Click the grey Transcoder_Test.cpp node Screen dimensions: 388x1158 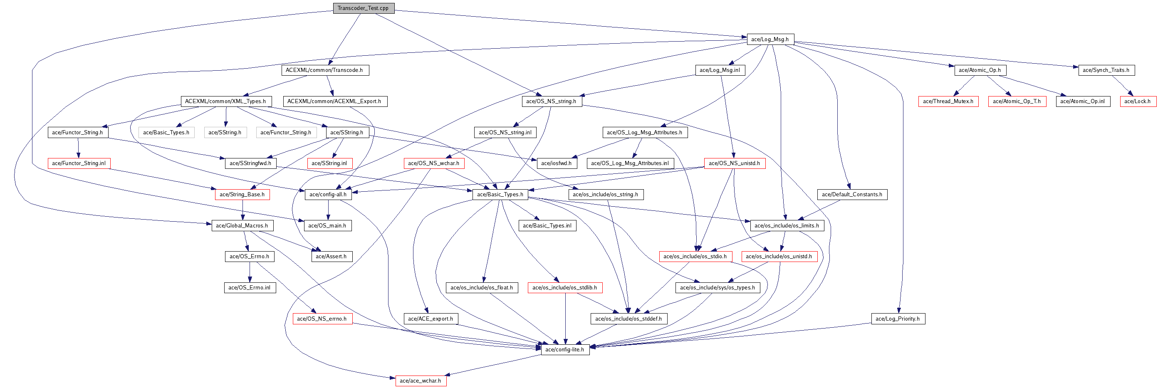pyautogui.click(x=363, y=8)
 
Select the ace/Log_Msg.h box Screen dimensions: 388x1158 pyautogui.click(x=770, y=39)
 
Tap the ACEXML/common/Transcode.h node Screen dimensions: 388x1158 pyautogui.click(x=324, y=70)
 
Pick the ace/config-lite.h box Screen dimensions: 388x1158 pyautogui.click(x=564, y=349)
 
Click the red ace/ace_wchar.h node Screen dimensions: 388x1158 pyautogui.click(x=420, y=381)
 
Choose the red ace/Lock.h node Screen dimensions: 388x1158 pyautogui.click(x=1137, y=101)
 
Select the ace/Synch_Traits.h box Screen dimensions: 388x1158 pyautogui.click(x=1106, y=70)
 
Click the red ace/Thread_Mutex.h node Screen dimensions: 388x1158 pyautogui.click(x=948, y=101)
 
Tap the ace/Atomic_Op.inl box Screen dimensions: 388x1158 pyautogui.click(x=1082, y=101)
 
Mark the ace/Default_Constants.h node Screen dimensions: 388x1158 pyautogui.click(x=852, y=194)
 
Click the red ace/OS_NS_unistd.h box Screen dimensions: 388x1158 pyautogui.click(x=734, y=163)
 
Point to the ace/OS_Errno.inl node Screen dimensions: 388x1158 pyautogui.click(x=250, y=287)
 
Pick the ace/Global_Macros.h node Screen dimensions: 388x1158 pyautogui.click(x=242, y=225)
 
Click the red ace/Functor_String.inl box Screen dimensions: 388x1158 pyautogui.click(x=79, y=163)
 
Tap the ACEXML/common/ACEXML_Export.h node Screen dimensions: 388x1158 pyautogui.click(x=334, y=101)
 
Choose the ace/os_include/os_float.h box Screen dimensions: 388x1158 pyautogui.click(x=481, y=287)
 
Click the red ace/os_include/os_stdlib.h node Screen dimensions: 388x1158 pyautogui.click(x=564, y=287)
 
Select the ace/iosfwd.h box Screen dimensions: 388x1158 pyautogui.click(x=557, y=163)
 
